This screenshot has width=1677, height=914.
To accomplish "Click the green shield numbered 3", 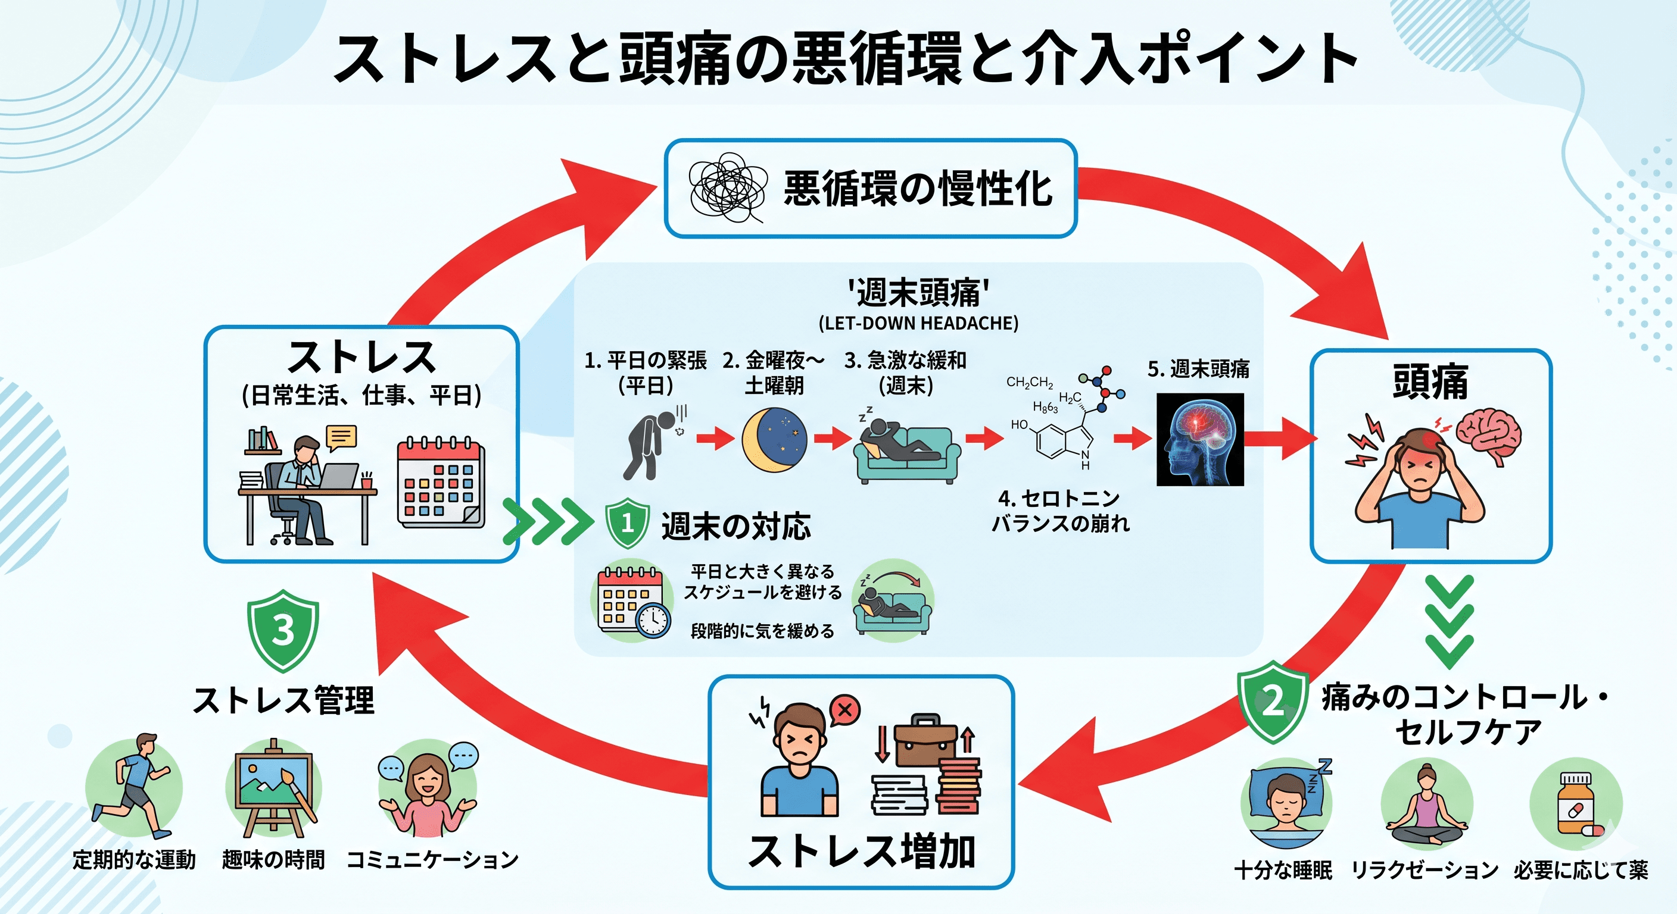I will pos(283,630).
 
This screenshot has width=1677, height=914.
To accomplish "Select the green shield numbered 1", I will pos(627,522).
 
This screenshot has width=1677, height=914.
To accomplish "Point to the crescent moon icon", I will pos(774,440).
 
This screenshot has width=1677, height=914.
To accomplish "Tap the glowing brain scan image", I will pos(1200,439).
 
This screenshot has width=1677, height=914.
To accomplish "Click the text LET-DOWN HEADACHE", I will pos(918,323).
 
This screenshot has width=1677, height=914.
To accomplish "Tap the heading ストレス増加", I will pos(861,851).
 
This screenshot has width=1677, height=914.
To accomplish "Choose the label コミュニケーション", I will pos(432,860).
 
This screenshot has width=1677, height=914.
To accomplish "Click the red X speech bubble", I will pos(845,710).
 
